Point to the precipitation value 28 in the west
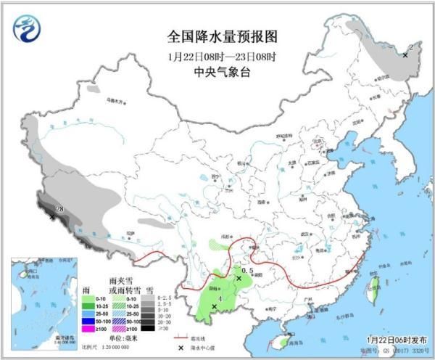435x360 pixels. coord(60,209)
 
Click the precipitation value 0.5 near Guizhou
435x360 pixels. coord(246,270)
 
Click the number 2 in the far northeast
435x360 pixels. coord(410,47)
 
